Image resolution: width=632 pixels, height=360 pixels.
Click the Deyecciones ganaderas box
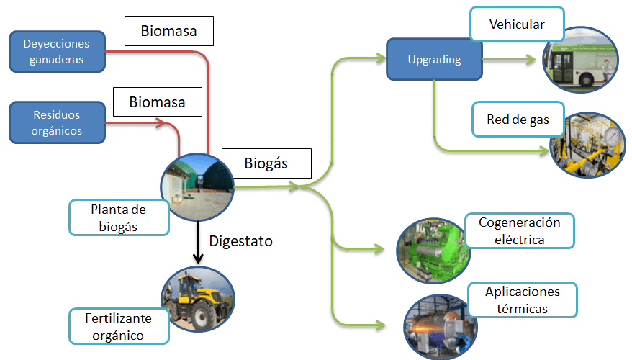click(x=57, y=51)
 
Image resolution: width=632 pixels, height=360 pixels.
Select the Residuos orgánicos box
click(x=57, y=122)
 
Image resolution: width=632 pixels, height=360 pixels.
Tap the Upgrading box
click(x=434, y=60)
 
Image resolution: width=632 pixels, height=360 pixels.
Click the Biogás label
click(x=266, y=163)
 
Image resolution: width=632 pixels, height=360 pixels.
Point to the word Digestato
click(x=240, y=241)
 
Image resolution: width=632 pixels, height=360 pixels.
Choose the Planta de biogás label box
click(x=119, y=217)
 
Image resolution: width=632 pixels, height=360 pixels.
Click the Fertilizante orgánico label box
click(x=119, y=325)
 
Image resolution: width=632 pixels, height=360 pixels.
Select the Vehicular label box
click(x=517, y=24)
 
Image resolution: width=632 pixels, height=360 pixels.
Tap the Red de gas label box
click(x=518, y=120)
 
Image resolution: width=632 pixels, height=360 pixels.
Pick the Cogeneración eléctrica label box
click(x=519, y=230)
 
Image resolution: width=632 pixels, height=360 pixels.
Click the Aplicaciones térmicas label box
click(x=523, y=300)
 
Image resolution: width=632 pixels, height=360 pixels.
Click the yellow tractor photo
click(x=197, y=302)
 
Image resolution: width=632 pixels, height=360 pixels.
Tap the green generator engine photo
click(x=432, y=248)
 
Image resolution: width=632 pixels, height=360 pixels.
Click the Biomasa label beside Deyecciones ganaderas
click(x=168, y=32)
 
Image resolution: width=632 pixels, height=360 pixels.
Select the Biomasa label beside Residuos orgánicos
click(x=157, y=102)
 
